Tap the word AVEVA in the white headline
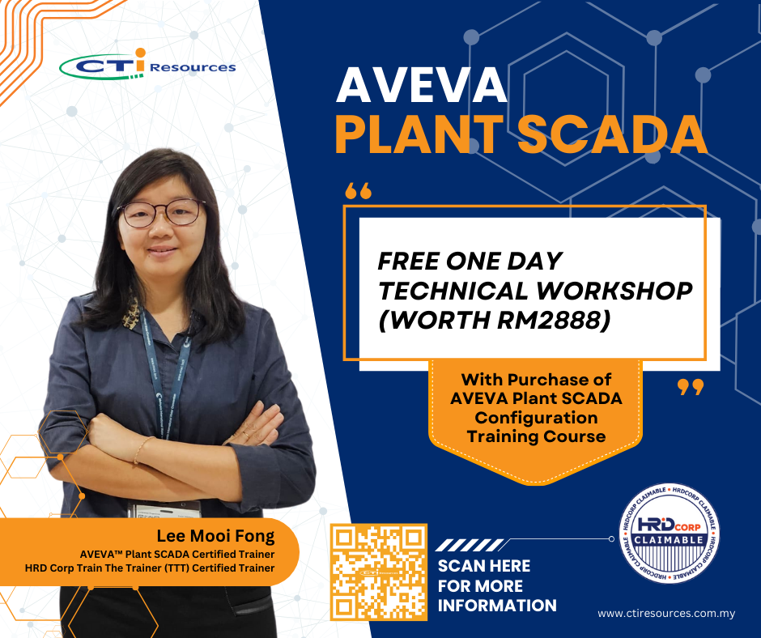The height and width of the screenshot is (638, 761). click(421, 86)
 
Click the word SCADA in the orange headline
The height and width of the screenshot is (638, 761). click(612, 134)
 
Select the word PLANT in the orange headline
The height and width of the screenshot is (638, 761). click(419, 134)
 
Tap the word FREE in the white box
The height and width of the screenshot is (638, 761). click(408, 262)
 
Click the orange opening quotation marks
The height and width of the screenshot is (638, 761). click(358, 191)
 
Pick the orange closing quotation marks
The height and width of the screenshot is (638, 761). click(690, 388)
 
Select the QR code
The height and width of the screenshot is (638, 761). click(379, 572)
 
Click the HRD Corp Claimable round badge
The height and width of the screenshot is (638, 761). click(670, 533)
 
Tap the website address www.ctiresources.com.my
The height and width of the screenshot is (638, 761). click(666, 613)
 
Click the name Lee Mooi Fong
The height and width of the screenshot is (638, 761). click(215, 535)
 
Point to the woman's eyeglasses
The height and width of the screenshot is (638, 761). click(160, 213)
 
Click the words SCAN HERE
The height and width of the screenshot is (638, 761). click(484, 566)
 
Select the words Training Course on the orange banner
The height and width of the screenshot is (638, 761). click(536, 436)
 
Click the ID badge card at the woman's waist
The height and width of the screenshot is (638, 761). click(164, 510)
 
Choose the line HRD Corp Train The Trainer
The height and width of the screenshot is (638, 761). click(150, 568)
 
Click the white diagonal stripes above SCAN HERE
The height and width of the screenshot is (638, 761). click(470, 545)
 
